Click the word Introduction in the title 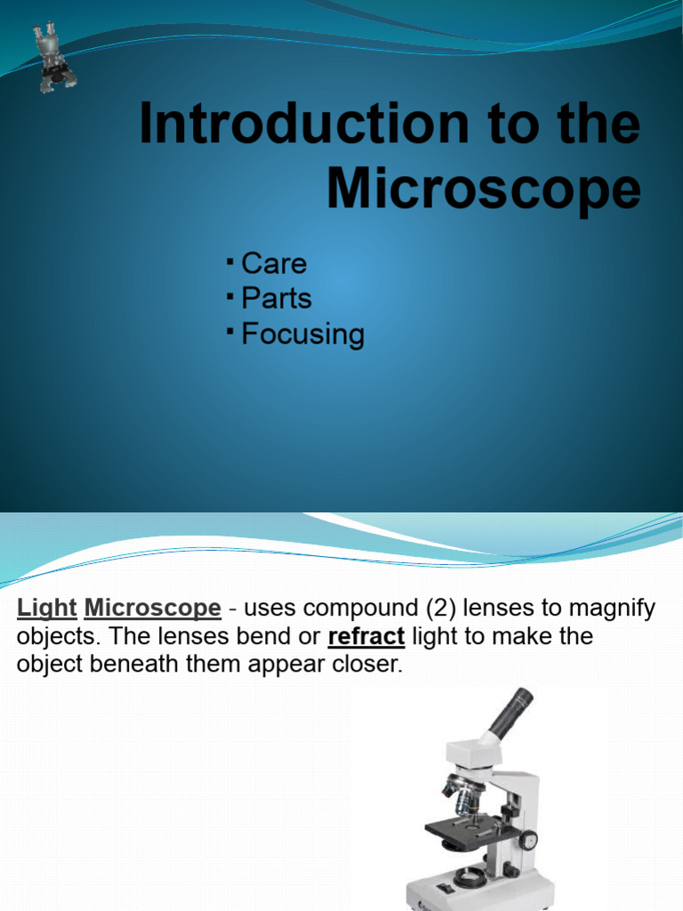coord(302,125)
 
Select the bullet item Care coord(274,263)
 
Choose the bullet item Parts coord(277,299)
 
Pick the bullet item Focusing coord(302,335)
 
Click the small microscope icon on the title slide coord(53,58)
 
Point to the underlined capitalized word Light coord(46,609)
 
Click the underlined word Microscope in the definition coord(152,609)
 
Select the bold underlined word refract coord(366,637)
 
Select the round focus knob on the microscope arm coord(528,840)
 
